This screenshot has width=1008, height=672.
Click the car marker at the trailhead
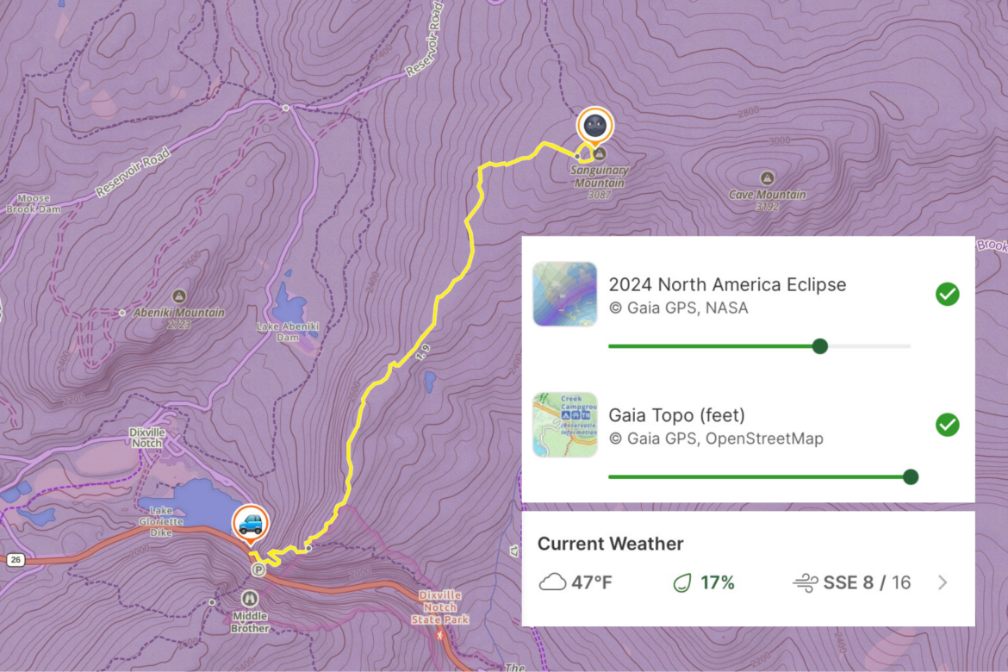250,523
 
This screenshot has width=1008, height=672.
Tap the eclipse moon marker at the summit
594,126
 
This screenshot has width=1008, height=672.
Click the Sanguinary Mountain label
600,176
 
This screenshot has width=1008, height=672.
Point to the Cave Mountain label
767,195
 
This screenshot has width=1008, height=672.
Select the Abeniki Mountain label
179,313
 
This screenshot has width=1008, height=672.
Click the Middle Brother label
249,622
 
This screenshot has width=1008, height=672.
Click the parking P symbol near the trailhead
257,569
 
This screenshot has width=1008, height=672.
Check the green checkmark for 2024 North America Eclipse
947,295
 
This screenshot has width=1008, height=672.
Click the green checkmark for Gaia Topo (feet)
947,425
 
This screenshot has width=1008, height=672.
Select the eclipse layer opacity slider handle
820,346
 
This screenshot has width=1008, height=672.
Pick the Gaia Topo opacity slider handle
911,476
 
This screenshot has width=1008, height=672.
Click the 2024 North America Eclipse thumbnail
565,294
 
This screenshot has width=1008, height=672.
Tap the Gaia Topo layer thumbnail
565,425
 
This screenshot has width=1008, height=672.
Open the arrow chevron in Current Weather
943,583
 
